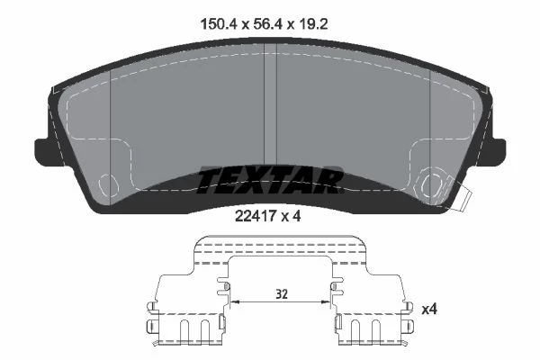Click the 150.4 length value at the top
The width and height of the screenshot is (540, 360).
(x=218, y=24)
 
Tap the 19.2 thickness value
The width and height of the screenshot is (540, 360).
(x=313, y=24)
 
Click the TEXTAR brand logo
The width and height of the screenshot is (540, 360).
(x=270, y=179)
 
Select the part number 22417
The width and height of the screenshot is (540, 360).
(x=256, y=216)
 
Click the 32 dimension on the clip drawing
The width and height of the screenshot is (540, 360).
(x=282, y=294)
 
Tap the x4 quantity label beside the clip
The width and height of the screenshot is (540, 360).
(x=429, y=310)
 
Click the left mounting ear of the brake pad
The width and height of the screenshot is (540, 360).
(x=41, y=152)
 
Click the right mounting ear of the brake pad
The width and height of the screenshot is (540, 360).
(x=499, y=152)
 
